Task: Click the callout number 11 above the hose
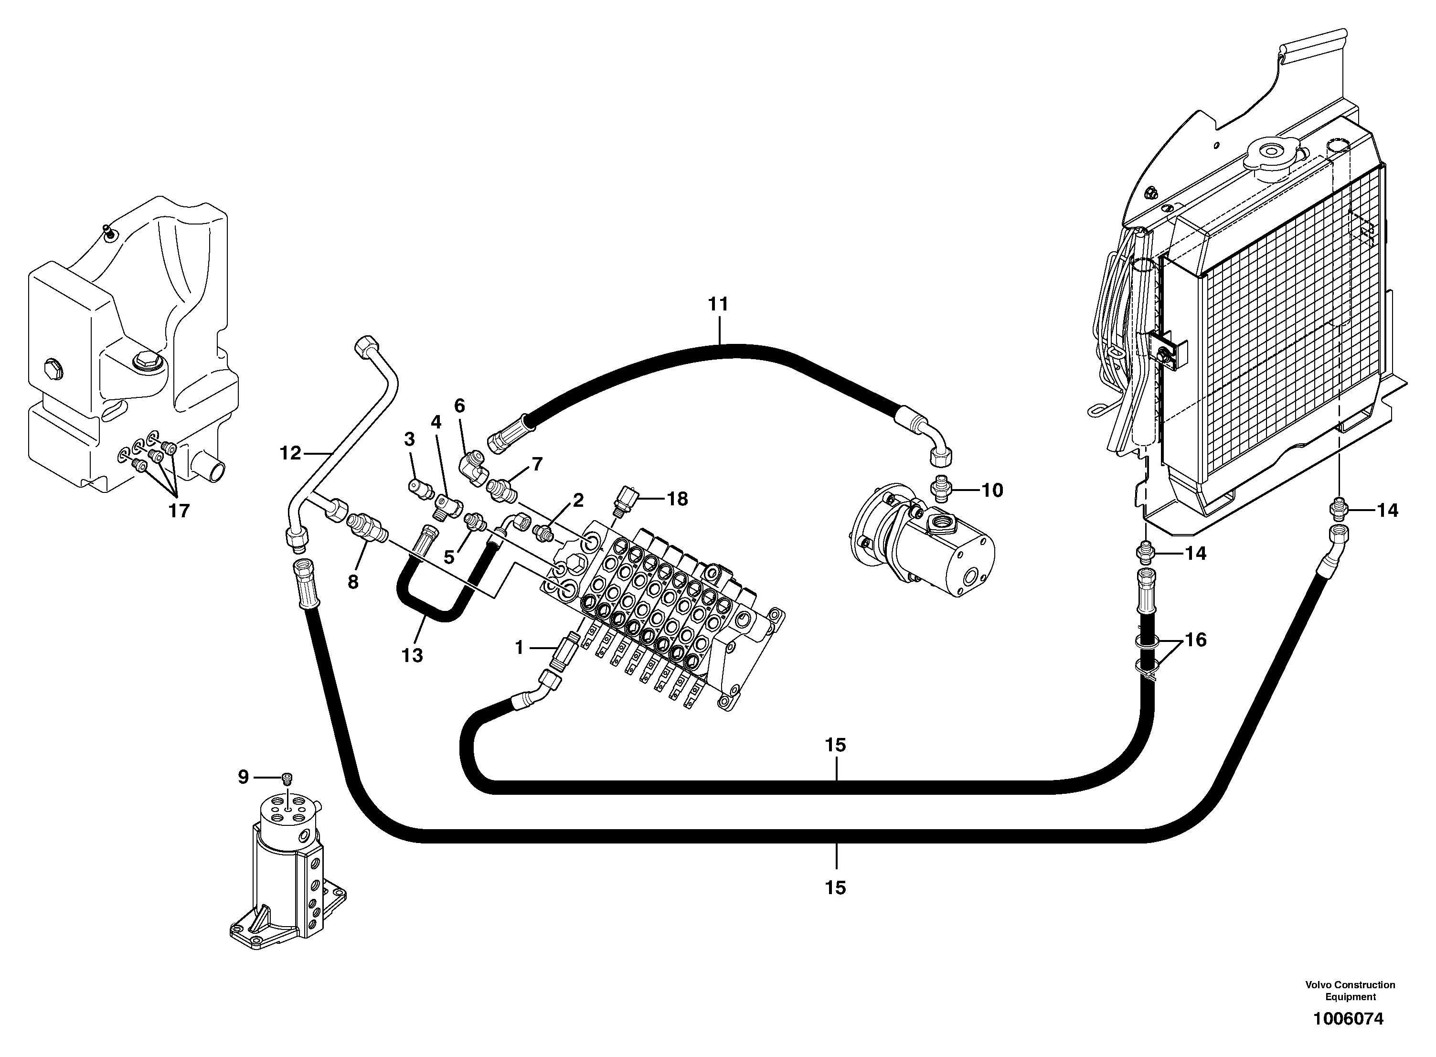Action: pyautogui.click(x=718, y=305)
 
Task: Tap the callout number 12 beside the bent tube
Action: pyautogui.click(x=290, y=453)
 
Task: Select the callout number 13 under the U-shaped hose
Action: pyautogui.click(x=412, y=655)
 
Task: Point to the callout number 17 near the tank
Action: pyautogui.click(x=179, y=511)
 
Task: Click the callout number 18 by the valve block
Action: pyautogui.click(x=677, y=499)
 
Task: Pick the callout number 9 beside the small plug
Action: pyautogui.click(x=243, y=777)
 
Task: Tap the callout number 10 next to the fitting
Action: pyautogui.click(x=992, y=490)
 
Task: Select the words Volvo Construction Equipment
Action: pyautogui.click(x=1351, y=991)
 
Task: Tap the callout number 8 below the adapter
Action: pyautogui.click(x=352, y=582)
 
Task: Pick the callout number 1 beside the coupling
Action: pyautogui.click(x=519, y=648)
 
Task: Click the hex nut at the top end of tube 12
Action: pyautogui.click(x=365, y=346)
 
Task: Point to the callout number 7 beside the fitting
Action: pyautogui.click(x=537, y=464)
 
